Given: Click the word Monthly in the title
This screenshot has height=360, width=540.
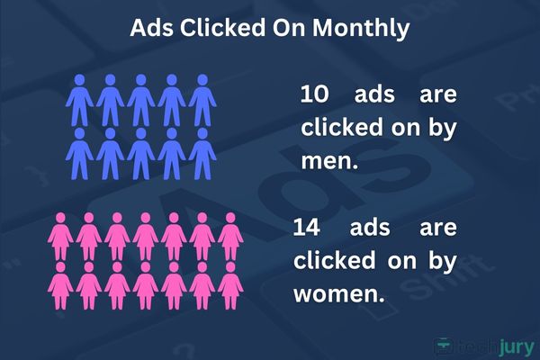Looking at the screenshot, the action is pos(361,28).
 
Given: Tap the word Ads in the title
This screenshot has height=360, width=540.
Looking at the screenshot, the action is pos(151,28).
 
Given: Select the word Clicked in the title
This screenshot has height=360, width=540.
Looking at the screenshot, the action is pos(222,27).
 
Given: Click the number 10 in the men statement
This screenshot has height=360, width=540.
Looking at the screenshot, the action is pos(314,94).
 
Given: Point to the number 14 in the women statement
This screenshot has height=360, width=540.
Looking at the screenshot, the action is pos(307,228).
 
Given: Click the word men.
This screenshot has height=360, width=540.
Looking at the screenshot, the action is pos(329,160).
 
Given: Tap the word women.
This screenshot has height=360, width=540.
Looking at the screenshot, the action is pos(339,294).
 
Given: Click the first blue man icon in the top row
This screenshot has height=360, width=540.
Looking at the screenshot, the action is pos(79,100).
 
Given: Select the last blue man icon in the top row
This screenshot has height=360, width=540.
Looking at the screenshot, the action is pos(202,100).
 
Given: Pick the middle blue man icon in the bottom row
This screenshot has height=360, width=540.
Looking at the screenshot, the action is pos(141,154).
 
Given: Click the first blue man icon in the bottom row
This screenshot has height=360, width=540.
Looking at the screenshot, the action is pos(79,154).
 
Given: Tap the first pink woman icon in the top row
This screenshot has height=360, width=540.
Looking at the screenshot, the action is pos(60,237).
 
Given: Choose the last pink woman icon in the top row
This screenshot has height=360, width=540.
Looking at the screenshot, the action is pos(230,237).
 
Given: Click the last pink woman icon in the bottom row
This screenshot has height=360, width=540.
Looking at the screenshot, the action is pos(230,285).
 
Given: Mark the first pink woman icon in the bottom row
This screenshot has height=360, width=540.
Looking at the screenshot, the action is pos(60,285).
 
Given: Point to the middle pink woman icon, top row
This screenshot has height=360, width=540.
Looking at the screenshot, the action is pos(146,237).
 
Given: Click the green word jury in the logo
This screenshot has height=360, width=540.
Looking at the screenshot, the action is pos(517,347).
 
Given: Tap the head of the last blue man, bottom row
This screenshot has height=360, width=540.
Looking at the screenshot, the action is pos(202,133).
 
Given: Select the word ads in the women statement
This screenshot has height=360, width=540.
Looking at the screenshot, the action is pos(370,228).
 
